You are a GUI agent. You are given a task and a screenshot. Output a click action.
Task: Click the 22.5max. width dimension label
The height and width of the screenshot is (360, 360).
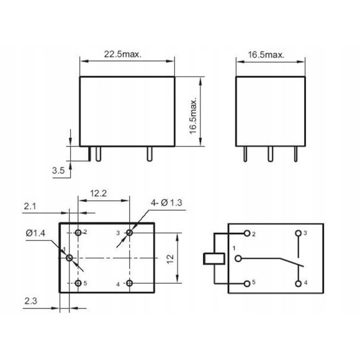pyautogui.click(x=123, y=55)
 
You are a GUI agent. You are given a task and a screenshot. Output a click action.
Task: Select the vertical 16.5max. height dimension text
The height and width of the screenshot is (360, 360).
pyautogui.click(x=193, y=117)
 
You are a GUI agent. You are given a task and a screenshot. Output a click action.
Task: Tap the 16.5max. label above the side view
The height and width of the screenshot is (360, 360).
pyautogui.click(x=266, y=55)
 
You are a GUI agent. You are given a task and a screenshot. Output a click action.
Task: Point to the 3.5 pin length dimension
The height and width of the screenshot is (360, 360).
pyautogui.click(x=58, y=171)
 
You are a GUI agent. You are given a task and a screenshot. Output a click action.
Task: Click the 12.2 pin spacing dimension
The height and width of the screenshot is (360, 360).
pyautogui.click(x=98, y=193)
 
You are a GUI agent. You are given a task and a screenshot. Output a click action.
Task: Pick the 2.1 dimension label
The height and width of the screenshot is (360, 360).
pyautogui.click(x=30, y=207)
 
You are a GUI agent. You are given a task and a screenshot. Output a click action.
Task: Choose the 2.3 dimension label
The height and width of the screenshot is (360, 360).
pyautogui.click(x=31, y=301)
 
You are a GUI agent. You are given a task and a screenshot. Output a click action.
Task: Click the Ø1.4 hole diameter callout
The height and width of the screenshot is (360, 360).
pyautogui.click(x=35, y=233)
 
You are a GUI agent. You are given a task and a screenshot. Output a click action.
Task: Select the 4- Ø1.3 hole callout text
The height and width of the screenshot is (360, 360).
pyautogui.click(x=166, y=203)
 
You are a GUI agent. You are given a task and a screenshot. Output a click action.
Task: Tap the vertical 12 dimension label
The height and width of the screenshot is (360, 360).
pyautogui.click(x=170, y=259)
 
